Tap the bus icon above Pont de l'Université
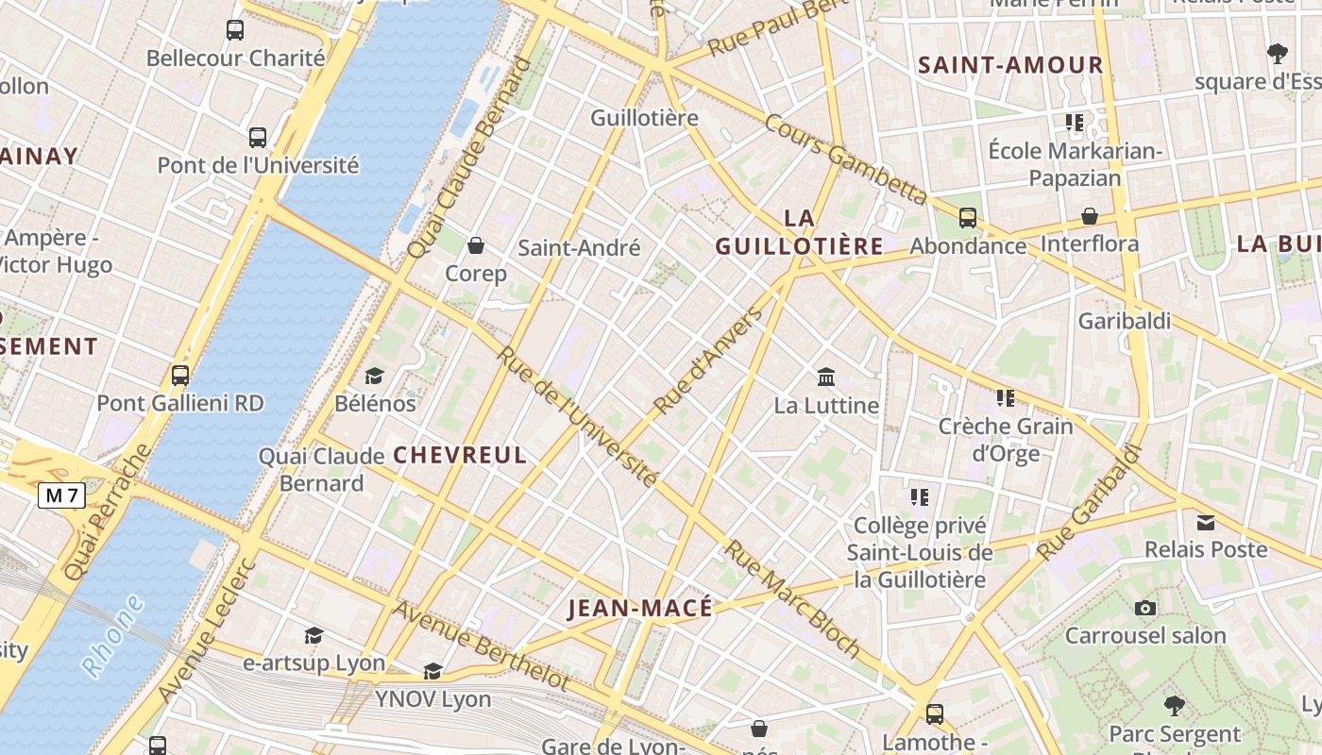tap(258, 138)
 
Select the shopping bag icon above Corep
tap(476, 246)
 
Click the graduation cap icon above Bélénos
tap(375, 376)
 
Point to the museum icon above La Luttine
tap(826, 377)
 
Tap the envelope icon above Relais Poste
tap(1206, 522)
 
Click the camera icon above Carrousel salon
tap(1145, 608)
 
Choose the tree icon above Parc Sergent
tap(1174, 705)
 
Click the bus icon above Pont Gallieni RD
tap(180, 376)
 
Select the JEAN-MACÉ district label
tap(640, 609)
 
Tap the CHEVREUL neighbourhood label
tap(460, 455)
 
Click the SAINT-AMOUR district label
tap(1010, 65)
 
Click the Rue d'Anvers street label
tap(707, 361)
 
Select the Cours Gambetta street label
tap(845, 159)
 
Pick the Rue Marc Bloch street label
tap(793, 598)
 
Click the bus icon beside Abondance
tap(968, 218)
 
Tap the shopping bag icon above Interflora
tap(1090, 216)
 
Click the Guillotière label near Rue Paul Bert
tap(644, 118)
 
